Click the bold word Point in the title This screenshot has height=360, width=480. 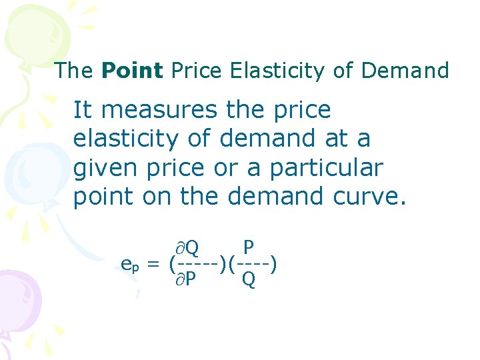click(132, 70)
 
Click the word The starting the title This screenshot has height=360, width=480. click(75, 70)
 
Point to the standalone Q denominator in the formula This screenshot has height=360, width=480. click(248, 280)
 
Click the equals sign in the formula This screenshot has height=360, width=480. click(154, 265)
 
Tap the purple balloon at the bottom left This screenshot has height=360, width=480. click(17, 300)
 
